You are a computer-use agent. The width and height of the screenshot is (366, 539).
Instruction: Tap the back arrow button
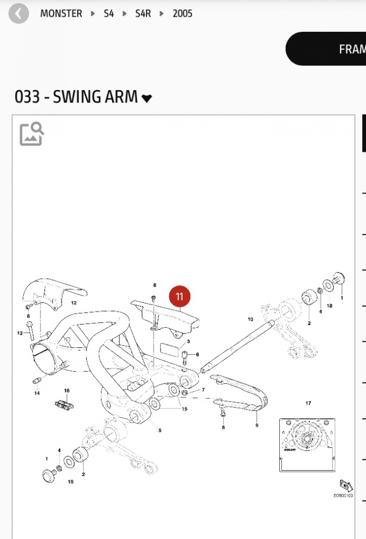pos(18,13)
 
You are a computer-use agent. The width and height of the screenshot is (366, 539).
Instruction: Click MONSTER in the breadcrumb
pos(61,13)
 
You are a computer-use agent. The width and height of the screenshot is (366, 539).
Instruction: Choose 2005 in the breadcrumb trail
pos(182,13)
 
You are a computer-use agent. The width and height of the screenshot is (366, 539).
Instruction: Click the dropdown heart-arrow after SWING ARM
pos(147,99)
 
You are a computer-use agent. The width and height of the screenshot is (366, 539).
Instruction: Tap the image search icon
pos(32,134)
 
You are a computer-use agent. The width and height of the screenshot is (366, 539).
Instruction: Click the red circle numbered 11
pos(179,296)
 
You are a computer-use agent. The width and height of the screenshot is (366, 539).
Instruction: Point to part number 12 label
pos(74,303)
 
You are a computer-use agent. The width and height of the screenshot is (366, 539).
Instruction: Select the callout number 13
pos(20,333)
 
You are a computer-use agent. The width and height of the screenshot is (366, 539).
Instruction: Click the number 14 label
pos(37,393)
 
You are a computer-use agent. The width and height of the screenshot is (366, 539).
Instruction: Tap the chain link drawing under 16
pos(63,404)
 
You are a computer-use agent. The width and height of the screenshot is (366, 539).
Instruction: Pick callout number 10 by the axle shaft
pos(250,319)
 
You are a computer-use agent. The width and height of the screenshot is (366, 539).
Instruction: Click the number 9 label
pos(257,425)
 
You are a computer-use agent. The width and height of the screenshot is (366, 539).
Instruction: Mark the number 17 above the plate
pos(308,403)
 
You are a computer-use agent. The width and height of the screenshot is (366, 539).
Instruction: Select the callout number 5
pos(160,430)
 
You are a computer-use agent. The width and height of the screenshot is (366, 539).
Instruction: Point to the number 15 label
pos(184,409)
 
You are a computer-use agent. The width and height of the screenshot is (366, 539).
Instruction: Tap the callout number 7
pos(203,389)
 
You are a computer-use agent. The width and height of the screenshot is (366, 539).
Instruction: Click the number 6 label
pos(197,354)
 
